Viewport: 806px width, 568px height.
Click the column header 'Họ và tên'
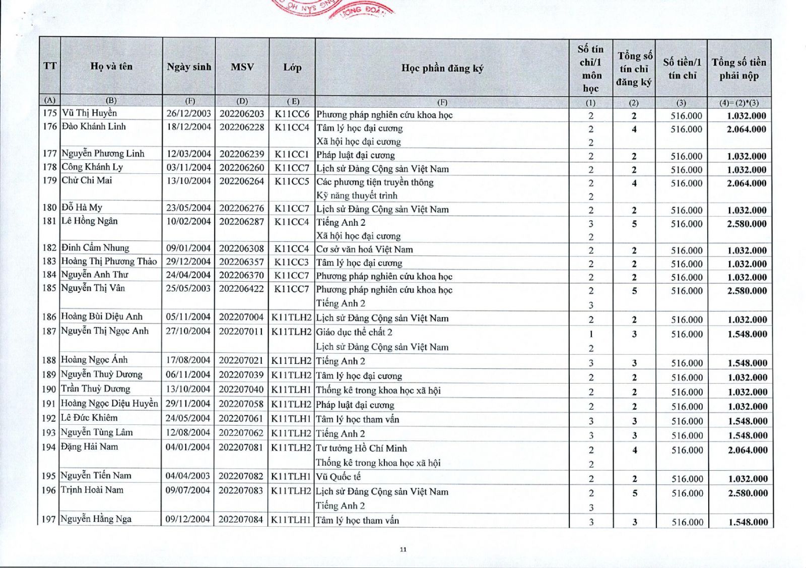click(x=111, y=66)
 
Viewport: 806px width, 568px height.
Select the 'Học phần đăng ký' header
click(x=442, y=68)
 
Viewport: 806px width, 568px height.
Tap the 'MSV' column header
click(x=242, y=67)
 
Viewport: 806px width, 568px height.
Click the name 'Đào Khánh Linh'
click(x=94, y=127)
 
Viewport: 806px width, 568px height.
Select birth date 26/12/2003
click(x=189, y=113)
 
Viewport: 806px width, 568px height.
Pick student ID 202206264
click(x=242, y=181)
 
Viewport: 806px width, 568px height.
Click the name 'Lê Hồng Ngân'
click(x=90, y=221)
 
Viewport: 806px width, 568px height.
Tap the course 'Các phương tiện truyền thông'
click(x=375, y=182)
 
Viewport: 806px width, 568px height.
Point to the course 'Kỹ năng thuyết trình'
click(x=357, y=196)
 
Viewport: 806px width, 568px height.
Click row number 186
click(x=49, y=317)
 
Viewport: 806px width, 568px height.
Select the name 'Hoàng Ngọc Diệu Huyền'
click(x=109, y=403)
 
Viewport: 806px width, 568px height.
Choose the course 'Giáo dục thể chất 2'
click(x=354, y=332)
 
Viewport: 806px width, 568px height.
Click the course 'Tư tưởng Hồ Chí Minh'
click(x=361, y=448)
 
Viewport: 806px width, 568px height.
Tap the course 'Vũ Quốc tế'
click(x=338, y=476)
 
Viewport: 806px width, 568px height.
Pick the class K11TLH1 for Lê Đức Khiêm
click(x=291, y=418)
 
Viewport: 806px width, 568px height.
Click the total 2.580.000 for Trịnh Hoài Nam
click(x=748, y=493)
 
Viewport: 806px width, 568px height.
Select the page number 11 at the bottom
click(x=403, y=549)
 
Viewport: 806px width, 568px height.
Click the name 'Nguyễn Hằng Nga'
click(x=96, y=519)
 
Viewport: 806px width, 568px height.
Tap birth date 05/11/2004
click(x=188, y=317)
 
